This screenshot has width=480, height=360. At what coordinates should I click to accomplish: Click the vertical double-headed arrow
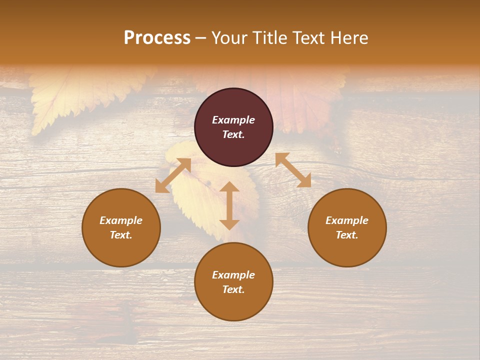(229, 206)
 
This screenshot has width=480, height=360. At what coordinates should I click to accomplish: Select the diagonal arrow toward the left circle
(173, 175)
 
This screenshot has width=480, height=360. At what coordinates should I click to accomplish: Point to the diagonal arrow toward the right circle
(293, 170)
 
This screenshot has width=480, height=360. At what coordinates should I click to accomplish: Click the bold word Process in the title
(157, 38)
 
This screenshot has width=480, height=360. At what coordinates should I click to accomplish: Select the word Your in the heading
(229, 38)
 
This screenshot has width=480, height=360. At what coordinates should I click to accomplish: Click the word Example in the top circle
(233, 120)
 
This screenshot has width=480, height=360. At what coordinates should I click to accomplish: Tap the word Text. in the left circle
(121, 235)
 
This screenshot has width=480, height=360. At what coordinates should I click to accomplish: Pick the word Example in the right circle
(347, 220)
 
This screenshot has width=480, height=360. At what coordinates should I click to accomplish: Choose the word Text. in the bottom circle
(233, 289)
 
